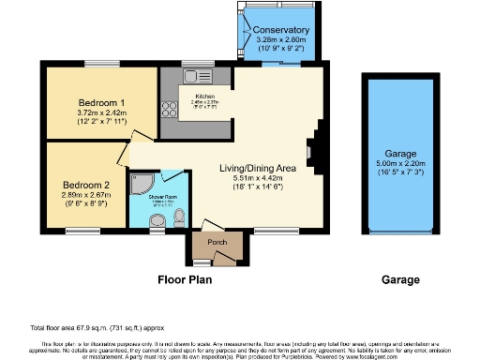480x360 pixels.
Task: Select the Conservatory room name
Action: click(x=282, y=30)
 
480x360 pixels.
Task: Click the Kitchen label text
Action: click(x=206, y=96)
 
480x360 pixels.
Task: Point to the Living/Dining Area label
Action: click(x=258, y=167)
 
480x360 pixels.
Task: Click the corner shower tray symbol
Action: click(x=140, y=183)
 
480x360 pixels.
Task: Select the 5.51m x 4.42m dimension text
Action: click(x=258, y=177)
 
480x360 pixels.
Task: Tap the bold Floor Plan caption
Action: click(x=184, y=279)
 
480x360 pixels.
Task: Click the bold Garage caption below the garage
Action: click(x=400, y=279)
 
